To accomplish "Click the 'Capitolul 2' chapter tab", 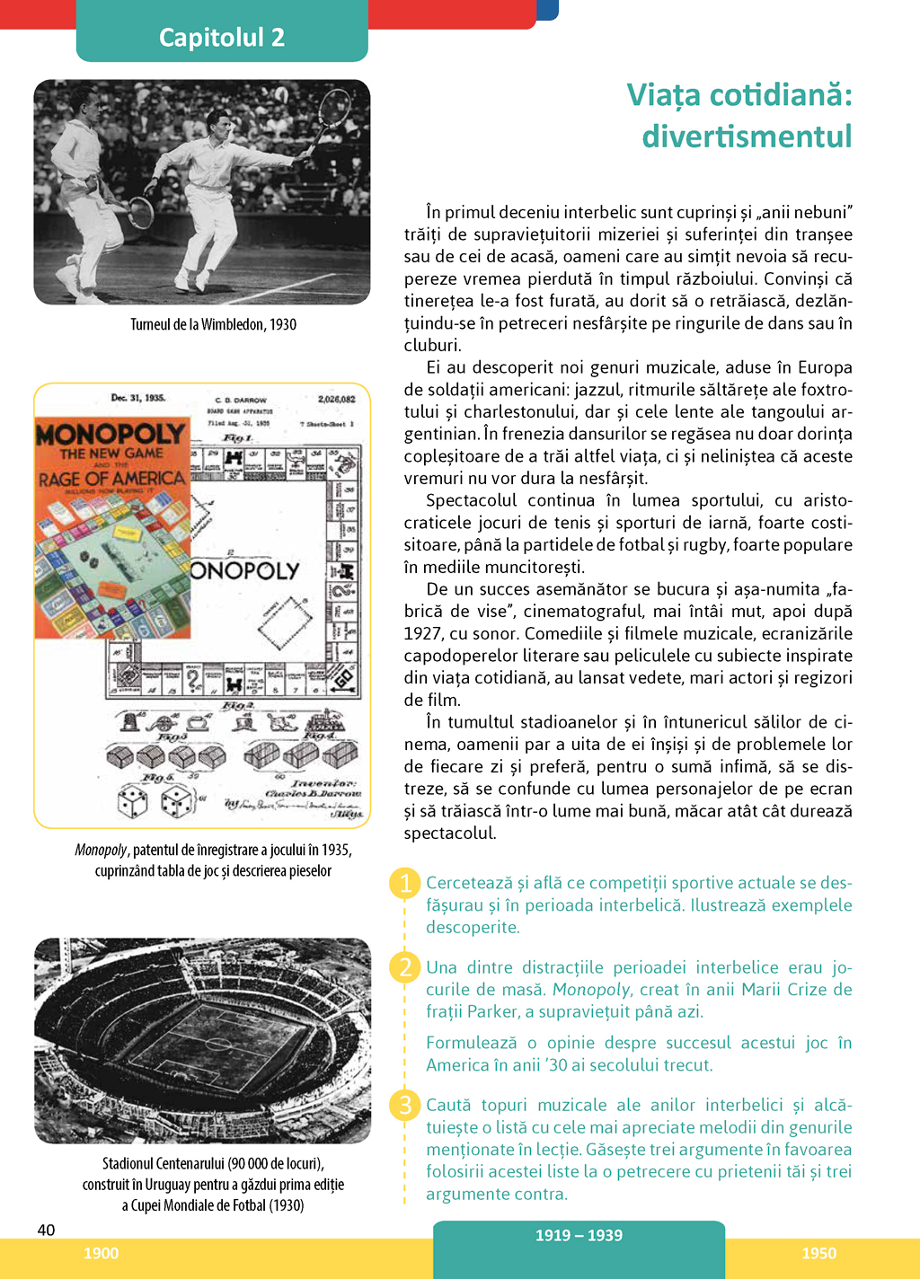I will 222,37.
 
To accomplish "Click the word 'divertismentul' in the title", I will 747,137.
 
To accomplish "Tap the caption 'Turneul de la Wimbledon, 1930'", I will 213,324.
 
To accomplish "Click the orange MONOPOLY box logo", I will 110,435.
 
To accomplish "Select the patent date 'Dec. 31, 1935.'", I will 137,398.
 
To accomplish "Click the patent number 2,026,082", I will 336,399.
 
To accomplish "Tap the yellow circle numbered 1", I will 405,883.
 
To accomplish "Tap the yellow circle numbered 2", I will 405,967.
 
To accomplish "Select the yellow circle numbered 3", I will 405,1105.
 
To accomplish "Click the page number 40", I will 46,1230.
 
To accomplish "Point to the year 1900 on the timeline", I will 101,1253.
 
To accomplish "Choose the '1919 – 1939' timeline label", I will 579,1235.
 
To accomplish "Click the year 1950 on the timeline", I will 818,1253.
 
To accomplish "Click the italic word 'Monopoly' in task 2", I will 591,990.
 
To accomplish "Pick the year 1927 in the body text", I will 423,634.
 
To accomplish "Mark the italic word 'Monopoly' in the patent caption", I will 101,850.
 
